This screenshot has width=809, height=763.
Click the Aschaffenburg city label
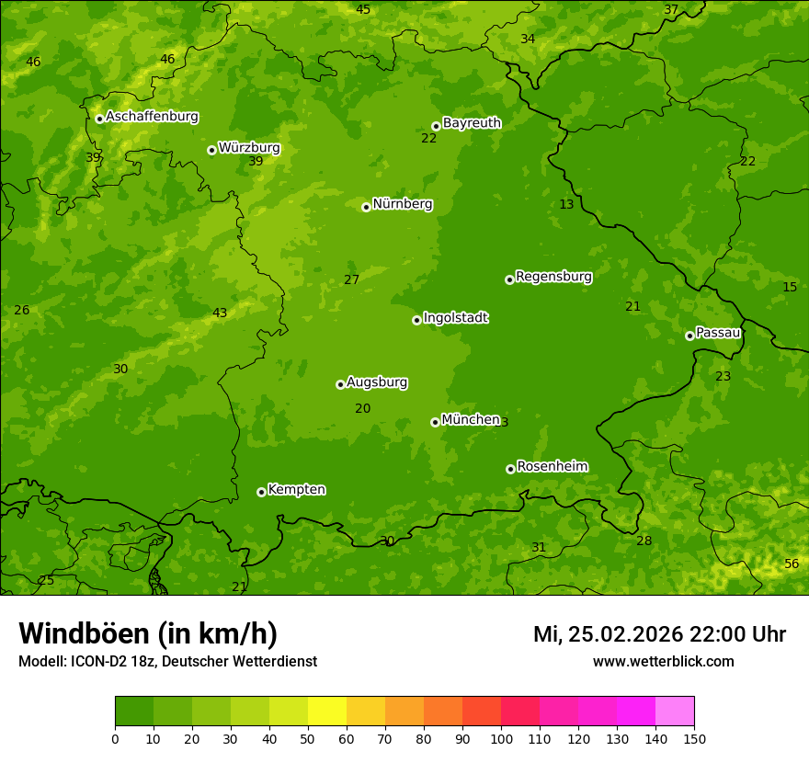click(x=152, y=117)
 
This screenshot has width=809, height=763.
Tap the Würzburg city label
click(x=249, y=148)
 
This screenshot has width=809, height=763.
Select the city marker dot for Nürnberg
click(x=366, y=207)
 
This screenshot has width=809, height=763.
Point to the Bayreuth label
click(x=472, y=123)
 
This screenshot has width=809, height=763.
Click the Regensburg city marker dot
click(x=509, y=279)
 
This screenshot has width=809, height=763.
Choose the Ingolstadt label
click(x=455, y=318)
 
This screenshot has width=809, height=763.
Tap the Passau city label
click(x=718, y=333)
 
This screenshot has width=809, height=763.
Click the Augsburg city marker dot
click(x=340, y=384)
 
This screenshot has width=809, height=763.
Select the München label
click(x=471, y=420)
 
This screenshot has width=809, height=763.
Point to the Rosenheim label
click(x=553, y=467)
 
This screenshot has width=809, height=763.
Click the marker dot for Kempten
click(x=261, y=492)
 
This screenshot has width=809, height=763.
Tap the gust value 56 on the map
click(x=792, y=564)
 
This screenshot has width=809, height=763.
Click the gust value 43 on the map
click(x=220, y=313)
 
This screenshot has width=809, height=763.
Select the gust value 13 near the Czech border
click(x=566, y=204)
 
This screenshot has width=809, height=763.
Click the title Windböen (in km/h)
click(x=148, y=633)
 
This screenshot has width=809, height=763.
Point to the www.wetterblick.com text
click(x=663, y=662)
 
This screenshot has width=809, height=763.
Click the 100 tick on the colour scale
click(x=501, y=738)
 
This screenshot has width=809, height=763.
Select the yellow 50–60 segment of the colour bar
click(x=327, y=711)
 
